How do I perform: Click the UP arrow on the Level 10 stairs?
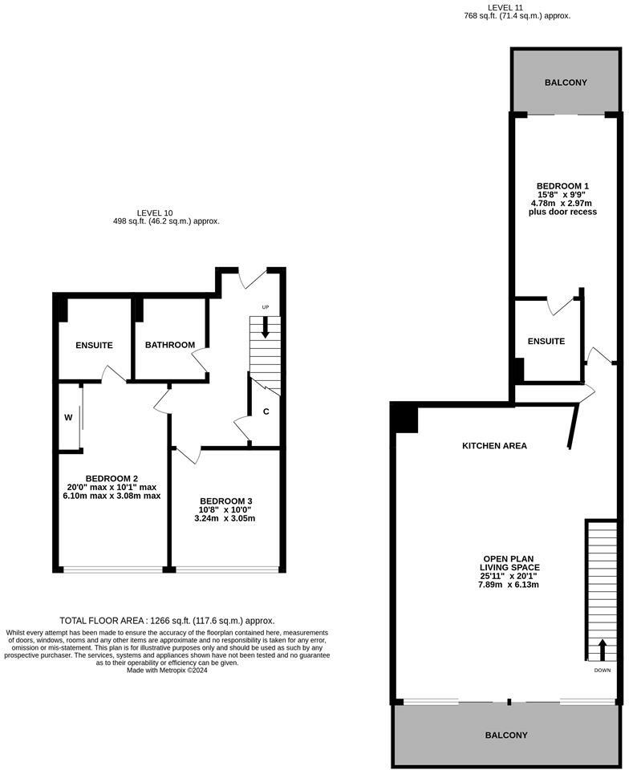265,327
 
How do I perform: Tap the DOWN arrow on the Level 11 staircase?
602,650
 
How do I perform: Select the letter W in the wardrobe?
68,417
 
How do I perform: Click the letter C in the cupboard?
266,411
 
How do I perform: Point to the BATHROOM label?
170,345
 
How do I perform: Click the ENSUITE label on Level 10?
95,346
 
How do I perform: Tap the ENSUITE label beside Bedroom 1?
546,342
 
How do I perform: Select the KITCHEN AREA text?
494,446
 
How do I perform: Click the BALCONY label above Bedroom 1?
566,83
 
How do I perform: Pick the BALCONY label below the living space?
506,736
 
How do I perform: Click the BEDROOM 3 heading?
226,500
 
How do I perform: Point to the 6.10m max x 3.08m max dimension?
112,496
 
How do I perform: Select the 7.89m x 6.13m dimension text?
509,585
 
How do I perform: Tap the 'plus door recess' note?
562,212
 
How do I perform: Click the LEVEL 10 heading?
155,213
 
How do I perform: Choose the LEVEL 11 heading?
505,8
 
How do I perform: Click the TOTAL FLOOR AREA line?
167,621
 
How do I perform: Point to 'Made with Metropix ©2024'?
167,671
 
